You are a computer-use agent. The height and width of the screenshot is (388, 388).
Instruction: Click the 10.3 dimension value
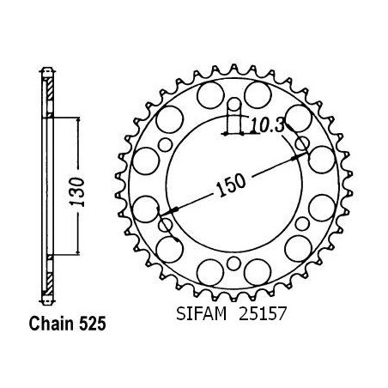point(267,126)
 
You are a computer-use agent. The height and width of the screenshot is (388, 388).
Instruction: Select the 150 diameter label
point(231,185)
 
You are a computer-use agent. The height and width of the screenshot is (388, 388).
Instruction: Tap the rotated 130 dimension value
point(77,192)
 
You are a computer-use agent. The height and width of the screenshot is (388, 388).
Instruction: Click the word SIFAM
point(202,314)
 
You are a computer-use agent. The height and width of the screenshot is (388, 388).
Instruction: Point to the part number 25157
point(263,314)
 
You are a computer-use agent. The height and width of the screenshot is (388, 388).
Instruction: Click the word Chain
point(52,324)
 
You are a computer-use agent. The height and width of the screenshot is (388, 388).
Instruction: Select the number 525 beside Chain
point(93,324)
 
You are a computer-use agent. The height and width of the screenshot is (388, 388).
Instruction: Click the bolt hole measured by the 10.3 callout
point(234,104)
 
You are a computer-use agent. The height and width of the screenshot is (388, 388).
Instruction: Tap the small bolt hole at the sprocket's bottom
point(234,264)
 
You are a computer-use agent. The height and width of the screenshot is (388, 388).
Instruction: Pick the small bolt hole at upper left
point(166,144)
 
